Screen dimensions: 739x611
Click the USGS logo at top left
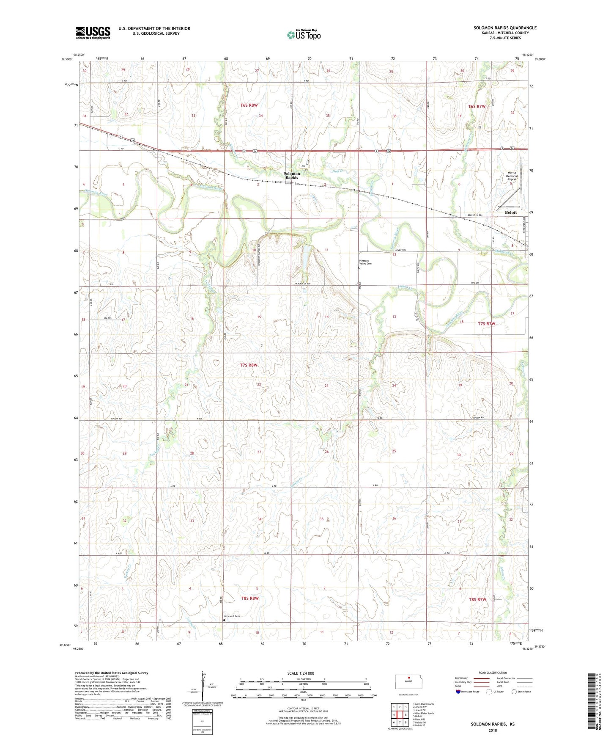coord(93,32)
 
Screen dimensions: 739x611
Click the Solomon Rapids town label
coord(291,176)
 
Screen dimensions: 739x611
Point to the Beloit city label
coord(511,212)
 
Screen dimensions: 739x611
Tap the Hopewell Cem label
coord(232,616)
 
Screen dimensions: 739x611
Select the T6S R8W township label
coord(249,105)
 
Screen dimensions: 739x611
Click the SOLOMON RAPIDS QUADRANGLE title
coord(505,28)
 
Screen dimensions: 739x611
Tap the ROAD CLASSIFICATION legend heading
coord(492,673)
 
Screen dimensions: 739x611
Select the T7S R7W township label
coord(486,324)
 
